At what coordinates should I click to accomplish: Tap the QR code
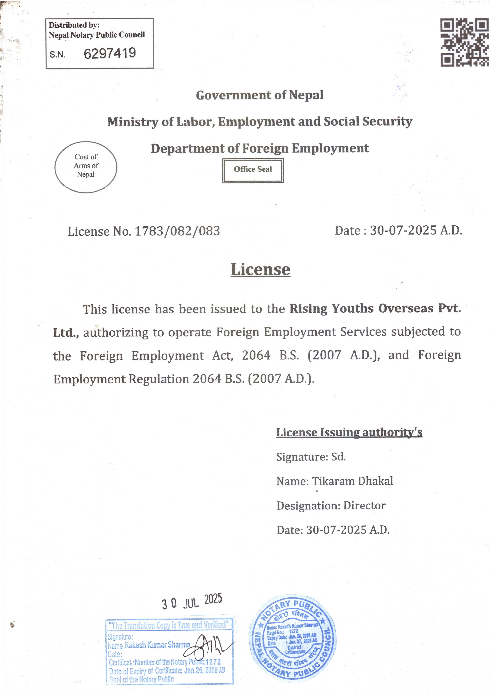click(464, 43)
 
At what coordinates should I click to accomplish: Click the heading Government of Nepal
click(260, 95)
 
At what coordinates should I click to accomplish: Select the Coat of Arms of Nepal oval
click(86, 167)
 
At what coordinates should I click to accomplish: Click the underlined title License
click(261, 269)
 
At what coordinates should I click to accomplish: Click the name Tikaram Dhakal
click(352, 481)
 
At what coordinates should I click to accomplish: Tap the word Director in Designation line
click(364, 505)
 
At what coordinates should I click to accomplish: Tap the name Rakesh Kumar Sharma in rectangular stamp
click(157, 645)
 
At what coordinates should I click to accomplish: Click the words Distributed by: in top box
click(74, 25)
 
